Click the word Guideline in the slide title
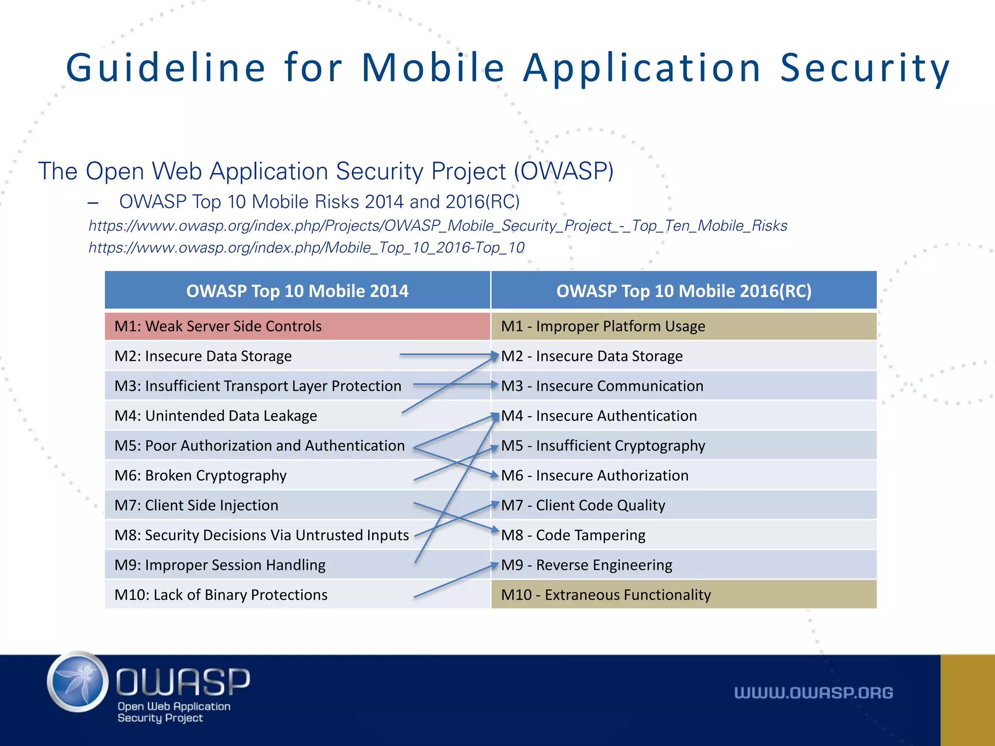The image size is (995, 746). click(166, 68)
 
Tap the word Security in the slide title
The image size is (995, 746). click(865, 68)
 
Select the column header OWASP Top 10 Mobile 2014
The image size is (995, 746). click(297, 291)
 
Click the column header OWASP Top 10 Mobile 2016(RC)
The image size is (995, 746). click(684, 291)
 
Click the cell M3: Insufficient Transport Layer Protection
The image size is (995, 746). click(258, 386)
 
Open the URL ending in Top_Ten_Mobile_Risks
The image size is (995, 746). click(437, 226)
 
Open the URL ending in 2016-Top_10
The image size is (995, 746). click(306, 248)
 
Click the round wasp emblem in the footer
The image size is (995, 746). click(78, 682)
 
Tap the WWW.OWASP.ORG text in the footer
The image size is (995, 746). click(813, 693)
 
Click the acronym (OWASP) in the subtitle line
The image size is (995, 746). click(564, 171)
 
